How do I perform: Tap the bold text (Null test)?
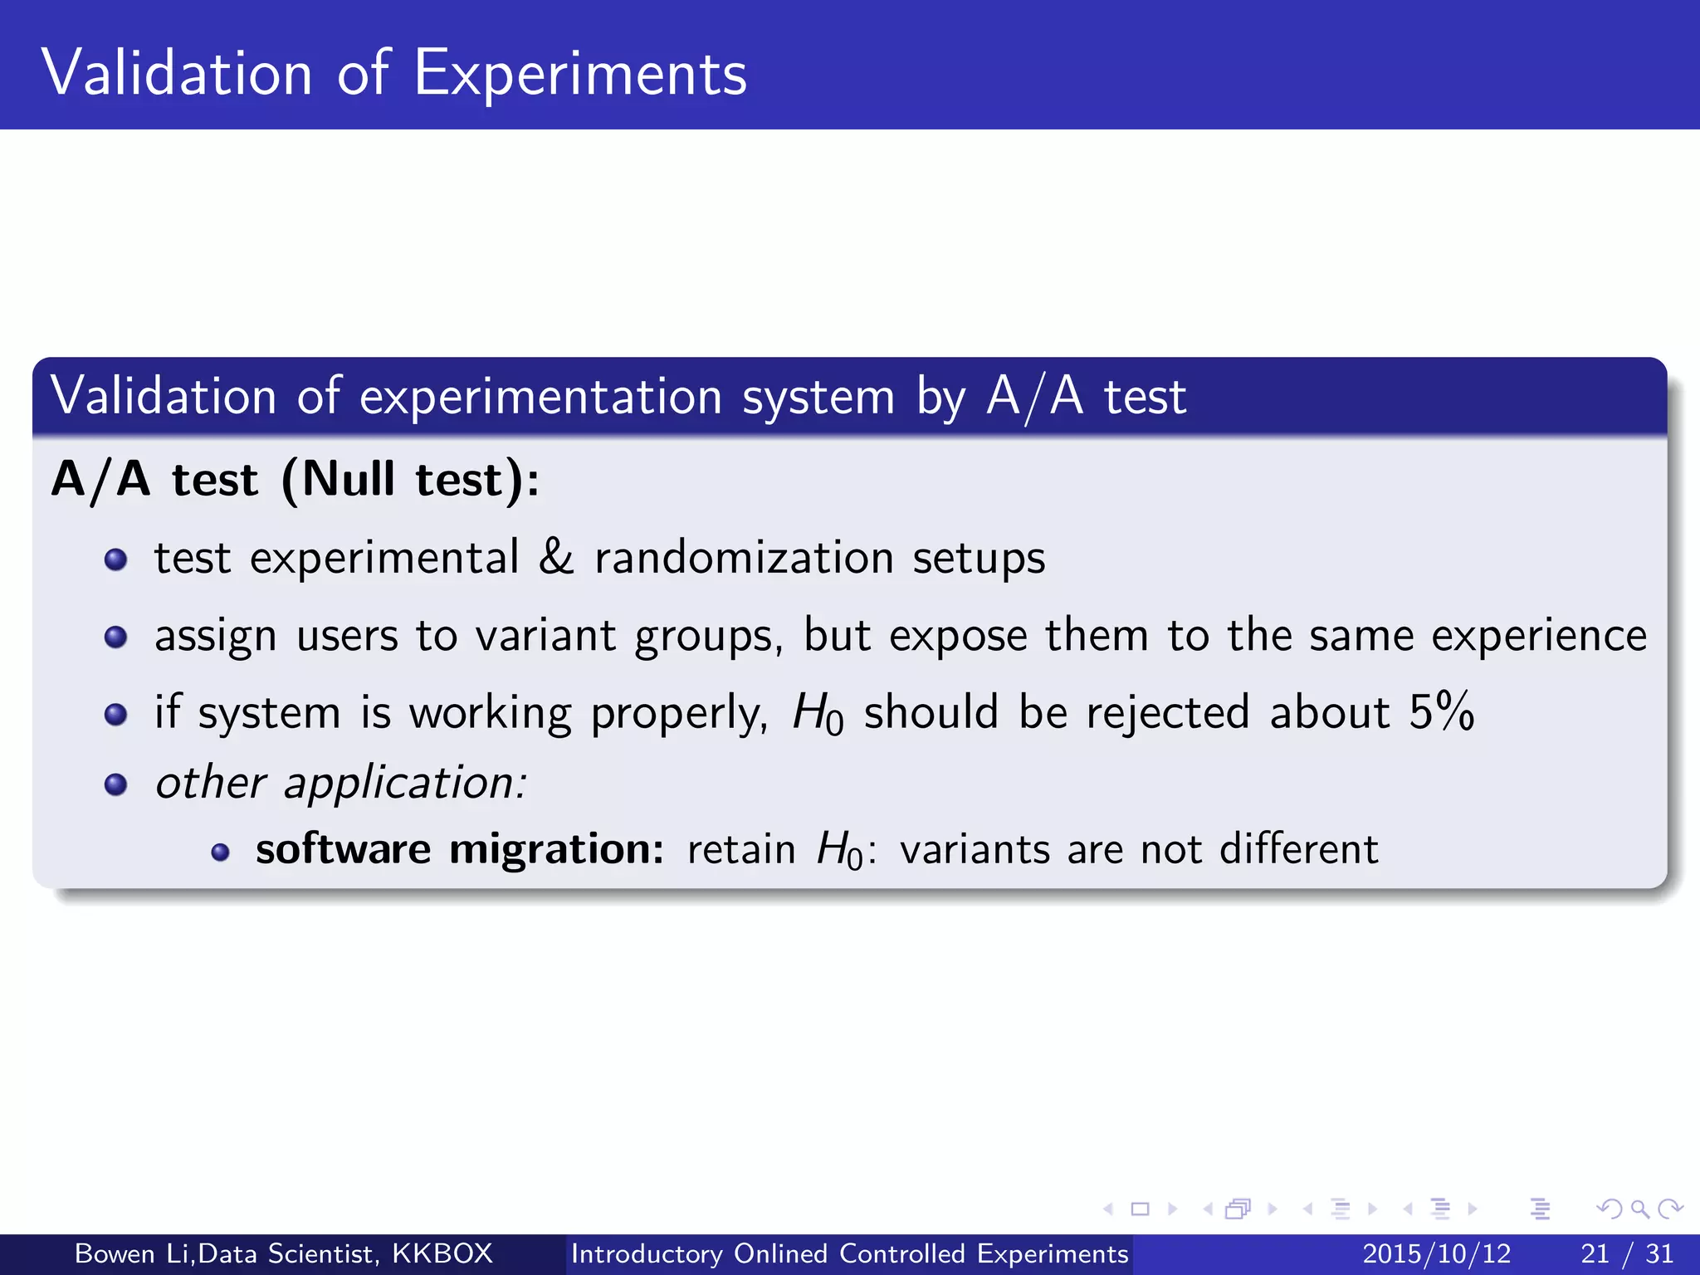(411, 480)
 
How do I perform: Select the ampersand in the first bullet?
(556, 557)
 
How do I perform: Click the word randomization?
(744, 557)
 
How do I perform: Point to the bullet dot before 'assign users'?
(116, 637)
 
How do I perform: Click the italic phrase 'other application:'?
(340, 784)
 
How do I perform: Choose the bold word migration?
(556, 850)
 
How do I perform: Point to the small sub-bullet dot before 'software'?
(220, 852)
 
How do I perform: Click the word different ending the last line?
(1298, 850)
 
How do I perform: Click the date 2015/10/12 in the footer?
(1437, 1253)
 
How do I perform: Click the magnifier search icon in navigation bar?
(1639, 1209)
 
